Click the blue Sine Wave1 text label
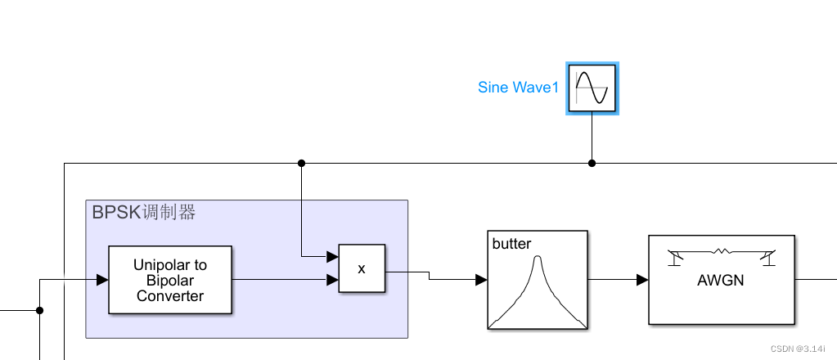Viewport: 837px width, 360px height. click(x=518, y=88)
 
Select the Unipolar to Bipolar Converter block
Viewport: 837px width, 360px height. click(x=170, y=280)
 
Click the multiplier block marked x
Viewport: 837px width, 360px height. click(x=362, y=268)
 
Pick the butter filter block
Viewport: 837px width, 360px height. click(x=538, y=280)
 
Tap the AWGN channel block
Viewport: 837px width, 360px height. click(x=722, y=280)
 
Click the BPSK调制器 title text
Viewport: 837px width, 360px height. click(x=144, y=213)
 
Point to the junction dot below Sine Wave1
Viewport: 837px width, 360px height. click(x=592, y=163)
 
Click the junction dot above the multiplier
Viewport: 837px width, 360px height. click(x=301, y=163)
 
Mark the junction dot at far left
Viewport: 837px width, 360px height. click(x=39, y=310)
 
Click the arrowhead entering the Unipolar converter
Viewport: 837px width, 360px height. click(x=102, y=280)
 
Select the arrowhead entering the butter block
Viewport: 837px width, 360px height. click(x=481, y=280)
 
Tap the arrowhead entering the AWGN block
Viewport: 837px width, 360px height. click(x=643, y=280)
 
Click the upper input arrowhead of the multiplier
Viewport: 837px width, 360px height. click(x=333, y=256)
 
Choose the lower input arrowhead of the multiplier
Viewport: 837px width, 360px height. click(x=333, y=280)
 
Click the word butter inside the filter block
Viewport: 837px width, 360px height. click(x=511, y=244)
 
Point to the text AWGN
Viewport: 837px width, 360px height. click(x=720, y=281)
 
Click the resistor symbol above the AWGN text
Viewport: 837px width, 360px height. click(x=721, y=251)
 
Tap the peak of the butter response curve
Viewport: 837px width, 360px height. click(x=538, y=259)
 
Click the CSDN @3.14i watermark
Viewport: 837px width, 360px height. click(x=798, y=349)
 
